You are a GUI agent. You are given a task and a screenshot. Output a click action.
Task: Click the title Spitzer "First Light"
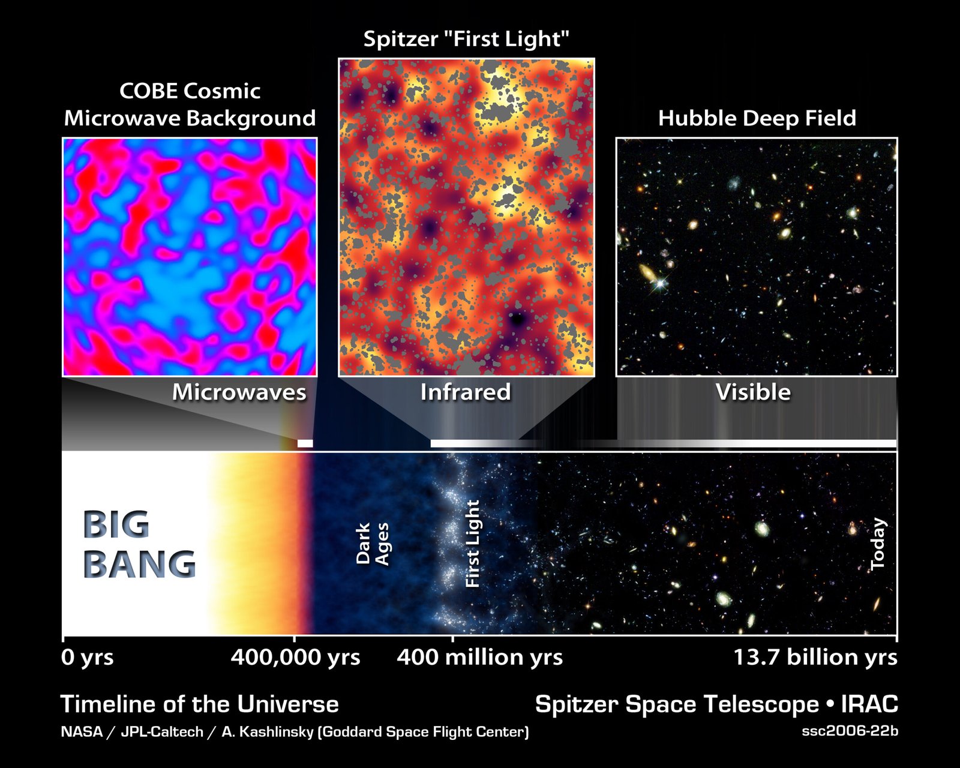click(466, 39)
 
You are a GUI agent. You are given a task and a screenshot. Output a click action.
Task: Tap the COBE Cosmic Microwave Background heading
click(190, 104)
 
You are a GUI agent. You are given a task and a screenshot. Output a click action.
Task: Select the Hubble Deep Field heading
click(757, 118)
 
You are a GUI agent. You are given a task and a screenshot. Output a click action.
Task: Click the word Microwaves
click(239, 392)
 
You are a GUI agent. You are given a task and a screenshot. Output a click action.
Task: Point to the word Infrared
click(465, 392)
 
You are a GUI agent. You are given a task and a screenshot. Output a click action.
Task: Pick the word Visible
click(753, 392)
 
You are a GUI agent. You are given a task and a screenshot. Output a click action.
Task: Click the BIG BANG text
click(139, 545)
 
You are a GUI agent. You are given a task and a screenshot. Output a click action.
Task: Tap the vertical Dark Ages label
click(372, 544)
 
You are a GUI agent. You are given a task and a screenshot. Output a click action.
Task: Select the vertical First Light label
click(473, 544)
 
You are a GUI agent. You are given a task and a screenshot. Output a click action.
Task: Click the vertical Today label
click(878, 544)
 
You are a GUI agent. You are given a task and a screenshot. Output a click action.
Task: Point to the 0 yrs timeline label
click(88, 658)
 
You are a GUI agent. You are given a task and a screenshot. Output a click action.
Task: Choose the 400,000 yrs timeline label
click(295, 658)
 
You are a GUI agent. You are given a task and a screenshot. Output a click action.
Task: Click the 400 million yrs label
click(479, 658)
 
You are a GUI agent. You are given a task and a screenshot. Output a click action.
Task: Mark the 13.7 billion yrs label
click(815, 658)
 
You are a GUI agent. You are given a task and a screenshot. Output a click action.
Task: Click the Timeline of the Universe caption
click(199, 704)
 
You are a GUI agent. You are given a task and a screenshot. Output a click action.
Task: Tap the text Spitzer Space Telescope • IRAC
click(716, 704)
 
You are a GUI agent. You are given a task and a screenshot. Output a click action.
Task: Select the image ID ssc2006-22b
click(850, 731)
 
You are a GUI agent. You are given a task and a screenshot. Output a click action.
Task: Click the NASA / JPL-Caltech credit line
click(295, 732)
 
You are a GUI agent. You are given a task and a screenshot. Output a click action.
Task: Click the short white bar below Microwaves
click(305, 443)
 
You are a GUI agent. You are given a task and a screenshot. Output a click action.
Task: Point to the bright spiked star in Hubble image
click(660, 282)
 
